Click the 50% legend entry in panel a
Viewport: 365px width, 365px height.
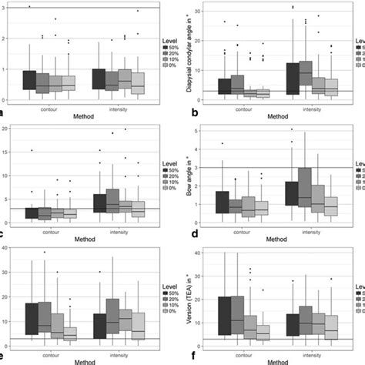tap(172, 46)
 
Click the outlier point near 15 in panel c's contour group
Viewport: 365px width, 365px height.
tap(31, 150)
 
